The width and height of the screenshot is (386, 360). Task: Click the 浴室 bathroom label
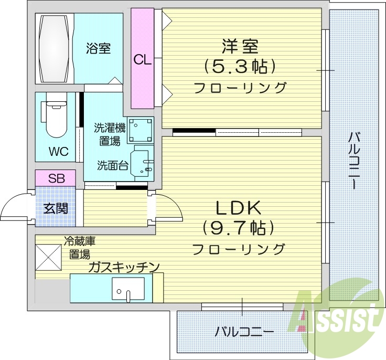99,49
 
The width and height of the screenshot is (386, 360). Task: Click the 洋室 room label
240,47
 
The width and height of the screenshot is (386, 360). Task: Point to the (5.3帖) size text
240,67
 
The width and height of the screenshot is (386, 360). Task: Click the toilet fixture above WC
55,120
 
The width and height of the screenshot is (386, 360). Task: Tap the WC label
59,152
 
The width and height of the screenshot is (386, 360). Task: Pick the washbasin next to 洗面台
144,162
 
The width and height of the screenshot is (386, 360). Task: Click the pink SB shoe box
56,177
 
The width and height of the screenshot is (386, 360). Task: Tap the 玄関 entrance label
55,208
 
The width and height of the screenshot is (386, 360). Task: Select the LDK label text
240,208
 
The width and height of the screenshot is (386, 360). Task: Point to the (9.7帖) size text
240,228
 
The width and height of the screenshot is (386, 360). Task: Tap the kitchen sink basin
128,288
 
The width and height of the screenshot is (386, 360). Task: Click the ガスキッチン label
124,267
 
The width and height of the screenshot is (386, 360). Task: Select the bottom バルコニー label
244,332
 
